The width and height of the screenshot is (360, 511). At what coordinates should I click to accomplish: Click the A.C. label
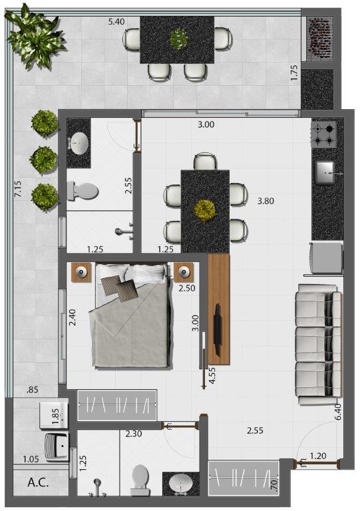[x=38, y=482]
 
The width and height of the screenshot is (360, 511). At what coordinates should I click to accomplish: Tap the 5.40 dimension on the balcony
[x=116, y=22]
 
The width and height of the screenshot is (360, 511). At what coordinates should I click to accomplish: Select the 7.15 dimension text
[x=18, y=189]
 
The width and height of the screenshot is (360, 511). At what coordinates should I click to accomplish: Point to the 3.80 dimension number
[x=266, y=201]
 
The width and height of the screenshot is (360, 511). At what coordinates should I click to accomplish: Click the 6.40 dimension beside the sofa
[x=337, y=412]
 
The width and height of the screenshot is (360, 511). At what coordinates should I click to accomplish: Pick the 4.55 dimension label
[x=212, y=376]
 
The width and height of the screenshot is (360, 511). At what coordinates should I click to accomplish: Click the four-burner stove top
[x=323, y=134]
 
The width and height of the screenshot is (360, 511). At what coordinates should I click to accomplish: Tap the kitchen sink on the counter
[x=326, y=173]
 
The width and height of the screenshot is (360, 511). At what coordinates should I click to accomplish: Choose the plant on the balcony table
[x=178, y=39]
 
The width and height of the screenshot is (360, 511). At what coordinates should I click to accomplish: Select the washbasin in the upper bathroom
[x=79, y=144]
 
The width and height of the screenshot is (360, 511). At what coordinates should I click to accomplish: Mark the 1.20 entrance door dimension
[x=317, y=456]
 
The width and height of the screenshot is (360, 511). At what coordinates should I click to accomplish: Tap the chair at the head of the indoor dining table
[x=205, y=161]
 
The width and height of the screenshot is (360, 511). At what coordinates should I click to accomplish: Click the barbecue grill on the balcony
[x=321, y=38]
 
